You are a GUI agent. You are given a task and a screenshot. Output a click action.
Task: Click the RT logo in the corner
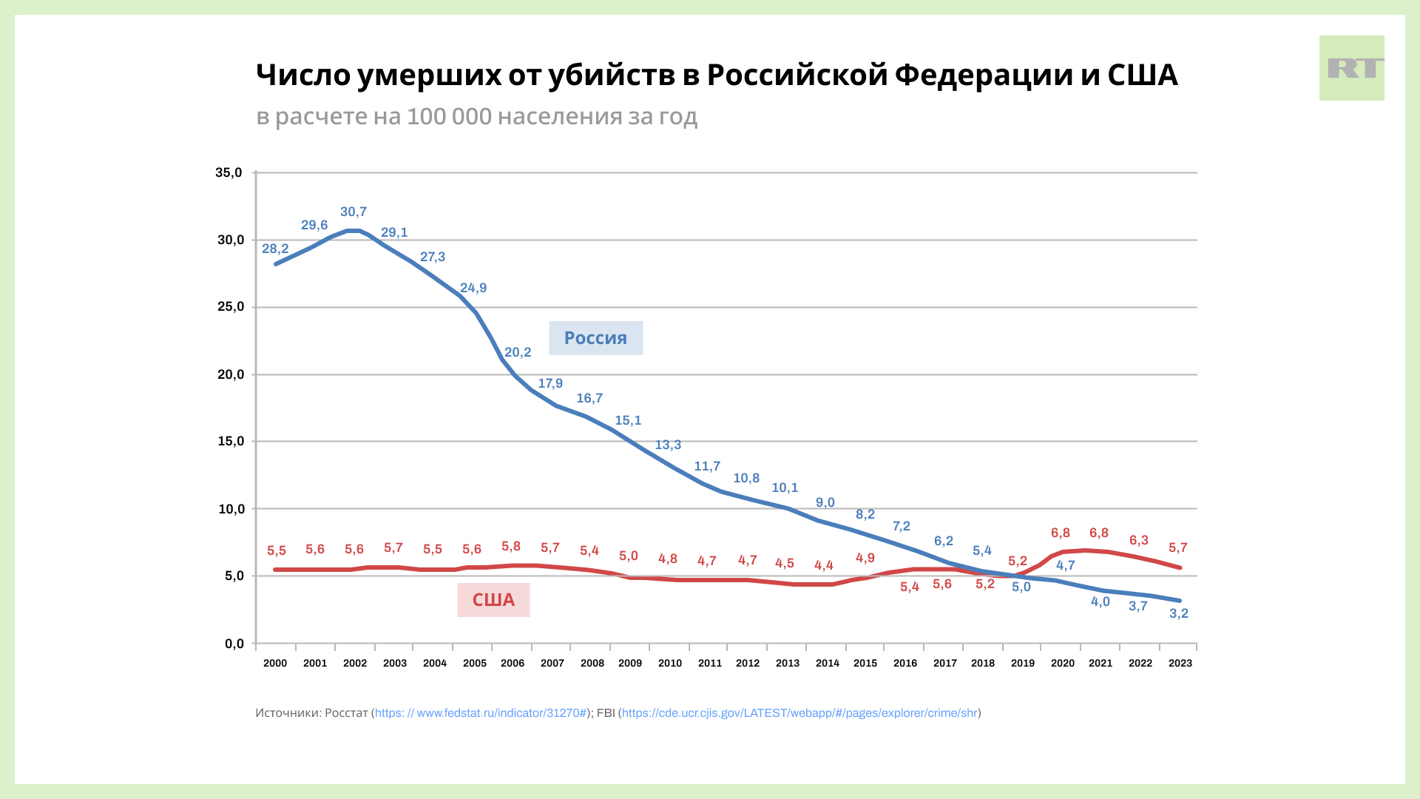point(1351,68)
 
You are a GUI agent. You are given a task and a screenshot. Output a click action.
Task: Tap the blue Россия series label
point(595,338)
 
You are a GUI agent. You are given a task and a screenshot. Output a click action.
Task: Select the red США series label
point(493,600)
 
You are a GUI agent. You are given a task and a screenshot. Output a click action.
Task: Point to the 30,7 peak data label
point(354,212)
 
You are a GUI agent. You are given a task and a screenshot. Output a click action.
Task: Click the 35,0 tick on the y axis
point(229,173)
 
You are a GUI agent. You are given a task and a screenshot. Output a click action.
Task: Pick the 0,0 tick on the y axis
point(234,644)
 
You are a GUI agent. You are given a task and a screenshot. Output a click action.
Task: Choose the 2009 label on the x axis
point(630,664)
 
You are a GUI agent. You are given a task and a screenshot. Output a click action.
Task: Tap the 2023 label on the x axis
point(1180,664)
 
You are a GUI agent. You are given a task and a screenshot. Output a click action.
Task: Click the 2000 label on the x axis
point(275,664)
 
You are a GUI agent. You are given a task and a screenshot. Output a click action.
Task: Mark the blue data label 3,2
point(1178,614)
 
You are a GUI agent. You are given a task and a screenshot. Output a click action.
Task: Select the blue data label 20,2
point(518,353)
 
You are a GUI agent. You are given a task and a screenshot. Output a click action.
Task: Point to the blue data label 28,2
point(275,249)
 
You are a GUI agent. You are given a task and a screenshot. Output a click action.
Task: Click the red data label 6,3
point(1139,541)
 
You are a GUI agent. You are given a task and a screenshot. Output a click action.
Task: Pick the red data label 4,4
point(824,566)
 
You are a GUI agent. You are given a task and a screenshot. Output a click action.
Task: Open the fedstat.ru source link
point(481,713)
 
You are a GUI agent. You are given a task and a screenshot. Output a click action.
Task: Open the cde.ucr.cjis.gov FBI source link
point(799,713)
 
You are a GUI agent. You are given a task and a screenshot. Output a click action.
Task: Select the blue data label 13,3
point(668,445)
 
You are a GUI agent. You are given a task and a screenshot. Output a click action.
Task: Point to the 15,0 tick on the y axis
point(231,442)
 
